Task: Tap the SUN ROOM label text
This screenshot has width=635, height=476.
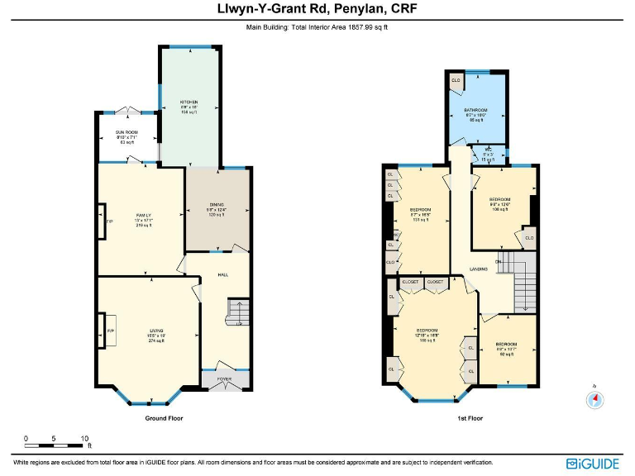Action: [127, 132]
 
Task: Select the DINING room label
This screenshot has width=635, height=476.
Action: [216, 204]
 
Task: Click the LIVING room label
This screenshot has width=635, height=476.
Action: [156, 331]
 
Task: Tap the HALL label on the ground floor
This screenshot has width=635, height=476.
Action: [222, 275]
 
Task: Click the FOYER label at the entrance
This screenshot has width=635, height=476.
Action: [225, 379]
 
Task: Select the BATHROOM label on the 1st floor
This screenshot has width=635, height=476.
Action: [475, 110]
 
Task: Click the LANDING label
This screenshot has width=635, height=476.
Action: [478, 269]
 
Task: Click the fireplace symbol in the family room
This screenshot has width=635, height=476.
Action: [103, 221]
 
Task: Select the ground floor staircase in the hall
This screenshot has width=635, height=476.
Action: [238, 313]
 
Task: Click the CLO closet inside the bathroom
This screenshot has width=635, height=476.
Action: [456, 81]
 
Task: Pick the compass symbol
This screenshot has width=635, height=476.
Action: [594, 399]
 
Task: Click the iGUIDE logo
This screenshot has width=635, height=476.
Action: [594, 464]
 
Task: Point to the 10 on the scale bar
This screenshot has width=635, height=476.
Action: [84, 438]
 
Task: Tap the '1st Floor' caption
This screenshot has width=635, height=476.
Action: [470, 418]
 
